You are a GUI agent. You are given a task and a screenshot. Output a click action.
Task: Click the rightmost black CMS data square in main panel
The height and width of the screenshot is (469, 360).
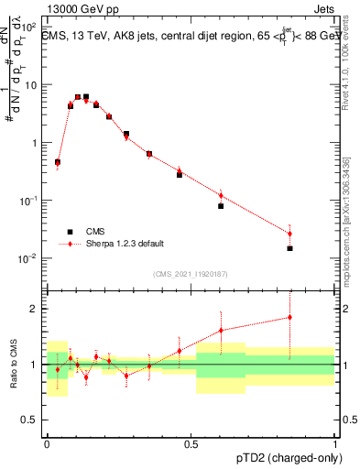[289, 248]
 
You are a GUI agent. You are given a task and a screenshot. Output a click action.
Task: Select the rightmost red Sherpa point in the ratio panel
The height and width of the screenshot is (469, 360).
[289, 318]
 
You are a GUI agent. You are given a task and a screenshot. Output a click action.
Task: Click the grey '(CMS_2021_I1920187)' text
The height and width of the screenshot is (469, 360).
[191, 274]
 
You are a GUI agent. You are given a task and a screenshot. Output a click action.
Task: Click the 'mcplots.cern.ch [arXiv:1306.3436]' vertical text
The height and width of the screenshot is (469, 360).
[345, 207]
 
